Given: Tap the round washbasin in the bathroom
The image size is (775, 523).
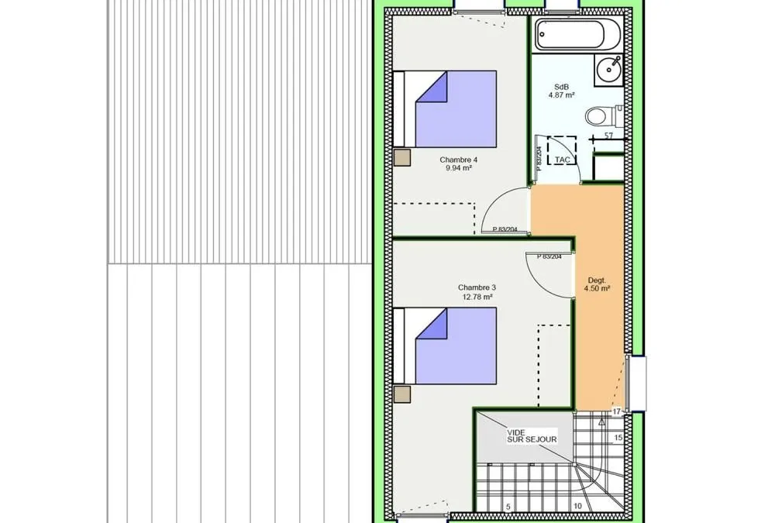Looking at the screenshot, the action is tap(609, 69).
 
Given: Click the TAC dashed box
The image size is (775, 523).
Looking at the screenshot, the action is tap(562, 150).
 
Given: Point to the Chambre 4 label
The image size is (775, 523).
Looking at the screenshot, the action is tap(459, 160).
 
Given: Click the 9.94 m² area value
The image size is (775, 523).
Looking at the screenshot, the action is tap(459, 168).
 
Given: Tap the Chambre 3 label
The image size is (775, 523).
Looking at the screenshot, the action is tap(477, 287).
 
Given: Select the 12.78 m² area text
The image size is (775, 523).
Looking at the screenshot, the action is tap(477, 297).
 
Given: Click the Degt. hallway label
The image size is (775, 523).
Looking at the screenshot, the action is tap(597, 280).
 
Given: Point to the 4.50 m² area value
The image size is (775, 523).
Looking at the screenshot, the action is tap(597, 288).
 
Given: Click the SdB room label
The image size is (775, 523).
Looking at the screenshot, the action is tap(561, 87).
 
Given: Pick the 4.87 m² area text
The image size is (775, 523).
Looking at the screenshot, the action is tap(561, 95).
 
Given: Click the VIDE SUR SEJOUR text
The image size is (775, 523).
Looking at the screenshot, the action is tap(532, 436).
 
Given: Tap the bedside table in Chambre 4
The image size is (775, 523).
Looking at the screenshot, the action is tap(402, 157).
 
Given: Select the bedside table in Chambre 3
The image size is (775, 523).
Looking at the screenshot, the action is tap(402, 394).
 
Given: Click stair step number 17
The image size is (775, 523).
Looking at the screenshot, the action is tap(616, 411).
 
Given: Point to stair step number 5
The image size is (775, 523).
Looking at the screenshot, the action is tap(508, 507).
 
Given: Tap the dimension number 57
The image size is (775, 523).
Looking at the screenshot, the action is tap(608, 135).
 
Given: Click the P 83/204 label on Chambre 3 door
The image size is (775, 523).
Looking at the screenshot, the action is tap(549, 256).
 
